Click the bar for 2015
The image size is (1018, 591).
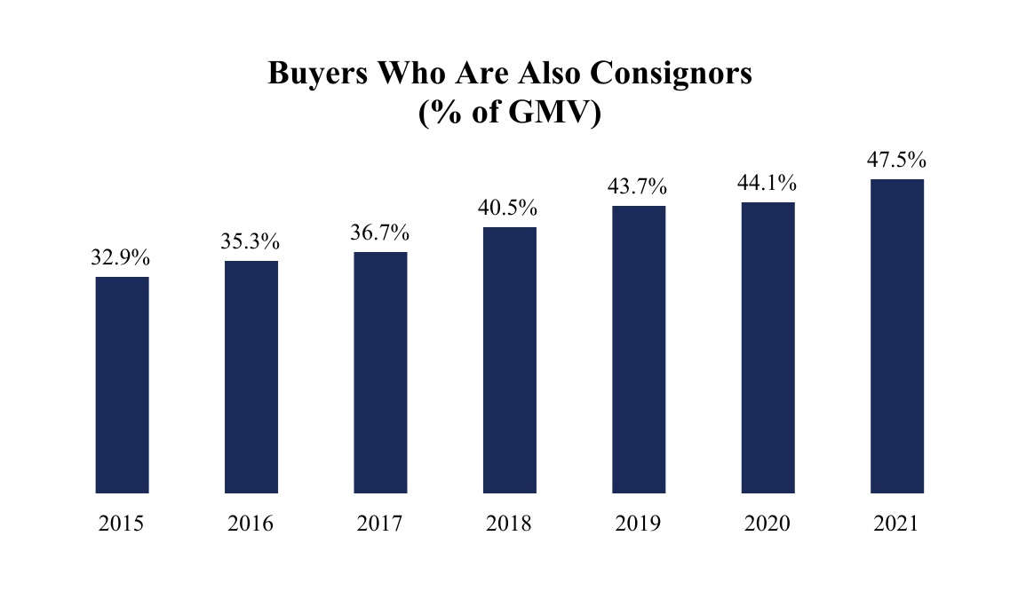tap(122, 384)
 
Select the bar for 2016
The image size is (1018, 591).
tap(251, 376)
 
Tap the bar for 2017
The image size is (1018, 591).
tap(380, 372)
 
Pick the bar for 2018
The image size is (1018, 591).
tap(510, 359)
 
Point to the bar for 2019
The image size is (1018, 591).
tap(639, 349)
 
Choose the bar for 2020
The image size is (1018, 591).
tap(768, 347)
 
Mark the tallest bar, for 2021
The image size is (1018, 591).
tap(897, 335)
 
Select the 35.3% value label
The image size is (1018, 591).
tap(251, 241)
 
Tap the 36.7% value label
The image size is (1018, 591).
tap(380, 233)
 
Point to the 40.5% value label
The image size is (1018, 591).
tap(510, 209)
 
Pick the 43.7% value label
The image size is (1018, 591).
tap(639, 187)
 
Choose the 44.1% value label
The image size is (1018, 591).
tap(768, 184)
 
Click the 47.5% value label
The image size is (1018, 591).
tap(897, 161)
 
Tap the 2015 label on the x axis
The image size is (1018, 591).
tap(122, 524)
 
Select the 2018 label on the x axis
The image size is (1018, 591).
tap(510, 524)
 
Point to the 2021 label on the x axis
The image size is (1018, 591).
tap(897, 524)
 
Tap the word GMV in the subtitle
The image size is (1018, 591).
tap(545, 114)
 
